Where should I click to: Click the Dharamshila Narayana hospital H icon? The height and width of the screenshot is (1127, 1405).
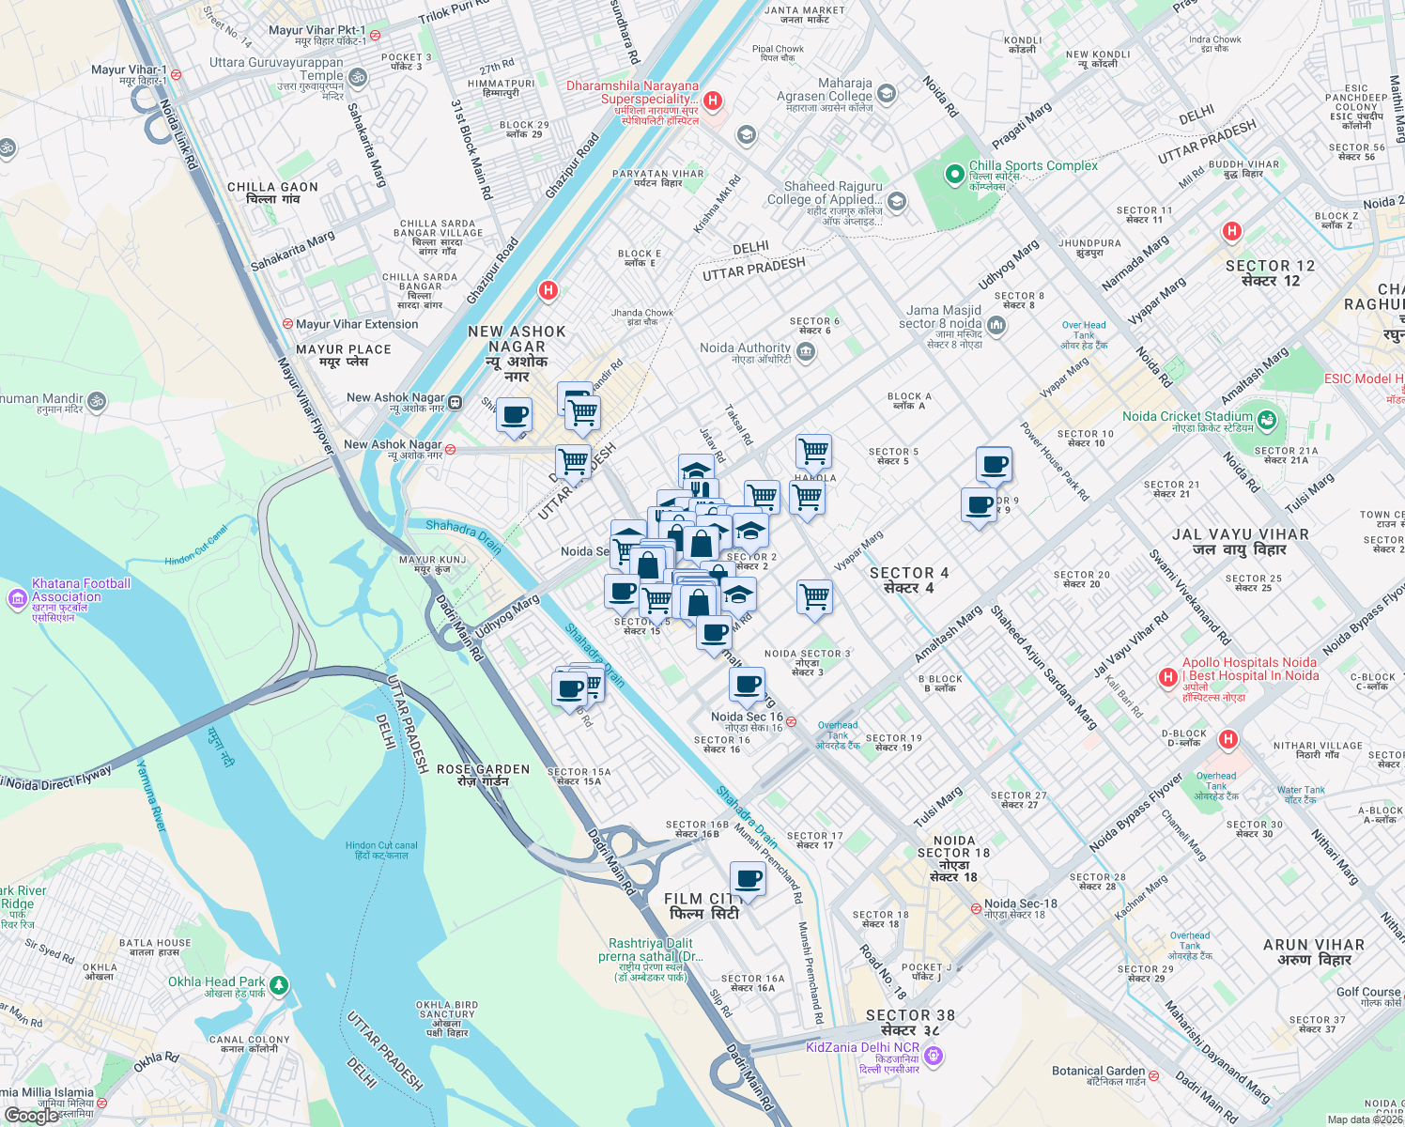(713, 100)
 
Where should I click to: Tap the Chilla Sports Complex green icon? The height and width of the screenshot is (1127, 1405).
(956, 173)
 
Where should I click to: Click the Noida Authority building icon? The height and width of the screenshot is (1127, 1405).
(805, 352)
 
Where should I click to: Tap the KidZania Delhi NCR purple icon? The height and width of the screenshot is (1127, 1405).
(933, 1056)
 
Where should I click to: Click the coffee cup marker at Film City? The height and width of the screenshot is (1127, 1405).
(748, 880)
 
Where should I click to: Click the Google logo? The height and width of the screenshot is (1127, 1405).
(31, 1115)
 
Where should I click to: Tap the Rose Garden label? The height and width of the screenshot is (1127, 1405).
(483, 775)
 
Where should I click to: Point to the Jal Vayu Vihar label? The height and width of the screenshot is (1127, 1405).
(1240, 542)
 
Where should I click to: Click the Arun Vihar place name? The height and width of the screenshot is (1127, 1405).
(1313, 951)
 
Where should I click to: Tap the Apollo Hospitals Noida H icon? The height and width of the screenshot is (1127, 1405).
(1167, 677)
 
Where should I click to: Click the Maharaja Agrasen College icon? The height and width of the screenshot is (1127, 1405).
(887, 94)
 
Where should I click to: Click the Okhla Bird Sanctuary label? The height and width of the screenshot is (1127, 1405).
(446, 1018)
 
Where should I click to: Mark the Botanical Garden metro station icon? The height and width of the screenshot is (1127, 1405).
(1153, 1076)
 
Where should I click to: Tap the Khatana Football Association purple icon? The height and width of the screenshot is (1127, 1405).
(17, 598)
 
